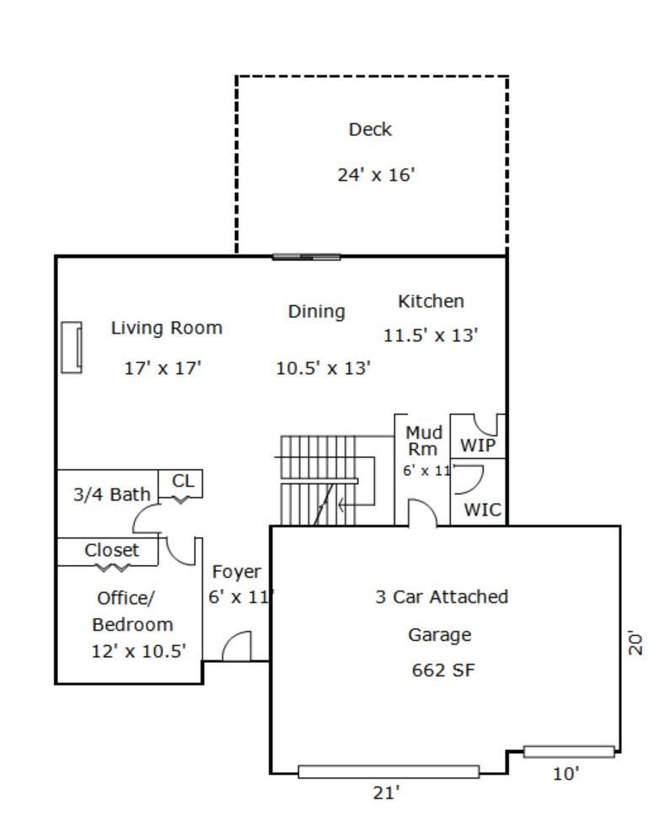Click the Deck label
[x=370, y=130]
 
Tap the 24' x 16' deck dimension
[x=376, y=175]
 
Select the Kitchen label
[x=431, y=302]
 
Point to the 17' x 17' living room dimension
[x=163, y=368]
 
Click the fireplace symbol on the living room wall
[x=71, y=347]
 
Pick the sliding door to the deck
[x=306, y=258]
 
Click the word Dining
[x=316, y=312]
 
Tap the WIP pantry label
[x=478, y=445]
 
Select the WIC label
[x=483, y=510]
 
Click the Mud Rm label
[x=424, y=441]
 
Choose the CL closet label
[x=183, y=481]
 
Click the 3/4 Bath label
[x=112, y=494]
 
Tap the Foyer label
[x=237, y=572]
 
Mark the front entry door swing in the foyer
[x=237, y=646]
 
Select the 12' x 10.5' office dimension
[x=138, y=651]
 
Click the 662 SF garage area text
[x=443, y=671]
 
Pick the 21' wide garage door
[x=389, y=772]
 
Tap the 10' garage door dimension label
[x=565, y=774]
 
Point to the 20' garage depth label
[x=635, y=643]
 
